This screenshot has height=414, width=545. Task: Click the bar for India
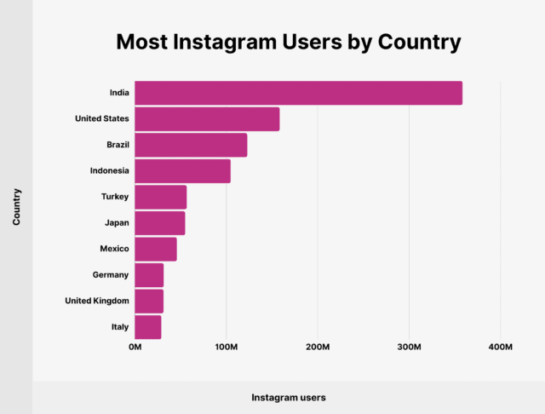coord(298,93)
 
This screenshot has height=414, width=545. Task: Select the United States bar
coord(207,119)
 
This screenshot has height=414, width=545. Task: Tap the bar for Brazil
coord(191,145)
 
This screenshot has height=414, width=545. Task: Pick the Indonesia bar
coord(182,171)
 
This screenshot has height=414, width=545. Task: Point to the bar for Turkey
coord(160,197)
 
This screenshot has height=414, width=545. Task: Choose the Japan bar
coord(159,223)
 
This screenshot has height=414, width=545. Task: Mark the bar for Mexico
coord(155,249)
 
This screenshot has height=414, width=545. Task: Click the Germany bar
coord(149,275)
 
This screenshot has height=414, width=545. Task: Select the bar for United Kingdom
coord(149,301)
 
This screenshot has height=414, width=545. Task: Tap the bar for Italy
coord(147,327)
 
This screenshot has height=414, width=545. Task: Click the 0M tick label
coord(135,348)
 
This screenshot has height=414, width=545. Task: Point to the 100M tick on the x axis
coord(227,348)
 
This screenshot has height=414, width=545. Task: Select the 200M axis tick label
coord(318,348)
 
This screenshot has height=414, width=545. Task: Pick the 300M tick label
coord(410,348)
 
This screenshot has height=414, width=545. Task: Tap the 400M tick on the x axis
coord(501,348)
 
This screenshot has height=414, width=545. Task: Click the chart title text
coord(289,42)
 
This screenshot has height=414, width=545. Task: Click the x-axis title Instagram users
coord(289,397)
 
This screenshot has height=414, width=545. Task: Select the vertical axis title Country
coord(16,207)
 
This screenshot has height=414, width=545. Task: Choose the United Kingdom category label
coord(97,301)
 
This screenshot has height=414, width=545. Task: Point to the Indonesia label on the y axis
coord(109,171)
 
